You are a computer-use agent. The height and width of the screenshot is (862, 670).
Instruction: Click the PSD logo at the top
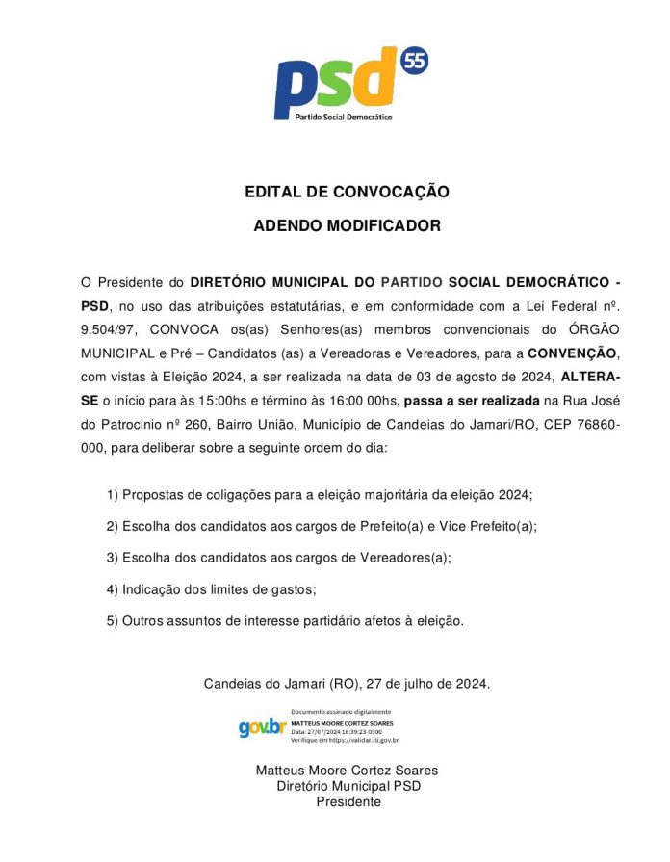(332, 85)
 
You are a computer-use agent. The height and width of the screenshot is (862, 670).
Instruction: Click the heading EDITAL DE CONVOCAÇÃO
(347, 192)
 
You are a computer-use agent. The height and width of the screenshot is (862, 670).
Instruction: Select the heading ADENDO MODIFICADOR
(347, 226)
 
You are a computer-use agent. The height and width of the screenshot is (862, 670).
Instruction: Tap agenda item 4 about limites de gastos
(211, 589)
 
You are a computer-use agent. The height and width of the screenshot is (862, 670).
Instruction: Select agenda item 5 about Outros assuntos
(285, 621)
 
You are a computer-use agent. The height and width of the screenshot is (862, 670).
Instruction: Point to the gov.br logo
(262, 728)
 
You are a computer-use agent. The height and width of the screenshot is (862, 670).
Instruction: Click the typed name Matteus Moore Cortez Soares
(347, 771)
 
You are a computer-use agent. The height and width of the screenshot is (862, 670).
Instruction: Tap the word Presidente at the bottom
(348, 801)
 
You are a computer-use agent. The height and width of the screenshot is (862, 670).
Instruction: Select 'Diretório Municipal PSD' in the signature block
(348, 786)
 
